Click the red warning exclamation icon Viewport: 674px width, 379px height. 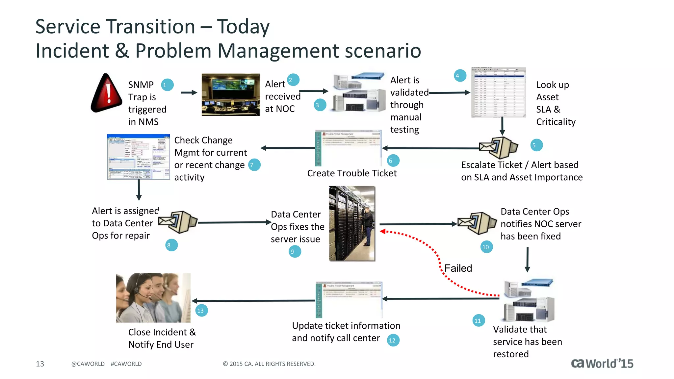107,94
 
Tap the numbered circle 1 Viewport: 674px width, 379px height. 167,85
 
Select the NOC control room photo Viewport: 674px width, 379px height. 230,94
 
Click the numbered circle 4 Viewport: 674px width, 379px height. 460,76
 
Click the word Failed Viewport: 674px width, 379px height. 458,268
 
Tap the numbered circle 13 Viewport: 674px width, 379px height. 201,310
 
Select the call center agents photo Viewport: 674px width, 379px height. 153,297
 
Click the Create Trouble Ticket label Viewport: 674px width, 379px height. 352,173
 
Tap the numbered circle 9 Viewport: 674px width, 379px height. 295,252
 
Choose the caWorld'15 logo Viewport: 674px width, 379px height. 602,363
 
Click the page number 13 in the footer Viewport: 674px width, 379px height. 40,364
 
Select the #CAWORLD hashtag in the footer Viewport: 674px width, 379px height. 126,364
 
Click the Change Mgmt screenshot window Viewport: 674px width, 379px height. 138,157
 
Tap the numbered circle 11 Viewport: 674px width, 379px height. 478,320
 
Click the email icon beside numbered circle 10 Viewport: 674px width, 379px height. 477,223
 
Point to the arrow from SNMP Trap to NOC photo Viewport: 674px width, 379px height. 189,93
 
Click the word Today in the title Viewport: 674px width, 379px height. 243,27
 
